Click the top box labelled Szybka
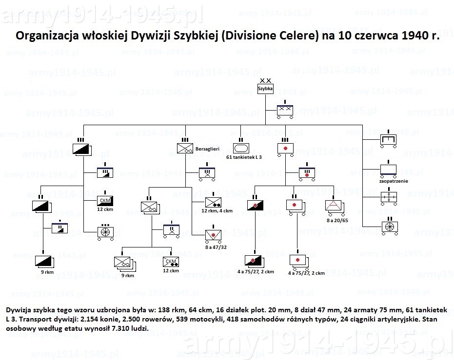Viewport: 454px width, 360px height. tap(265, 89)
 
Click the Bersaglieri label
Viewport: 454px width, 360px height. tap(207, 149)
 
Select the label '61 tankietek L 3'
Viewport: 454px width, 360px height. tap(244, 157)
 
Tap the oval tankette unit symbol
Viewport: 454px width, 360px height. tap(241, 149)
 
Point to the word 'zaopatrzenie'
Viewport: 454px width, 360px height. tap(394, 181)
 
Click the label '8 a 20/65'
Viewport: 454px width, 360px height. tap(337, 220)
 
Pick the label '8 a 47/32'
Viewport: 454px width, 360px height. tap(216, 247)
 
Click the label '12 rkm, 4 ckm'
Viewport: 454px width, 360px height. tap(217, 211)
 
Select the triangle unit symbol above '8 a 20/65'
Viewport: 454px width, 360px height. tap(334, 206)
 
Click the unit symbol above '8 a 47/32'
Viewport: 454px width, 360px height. tap(214, 235)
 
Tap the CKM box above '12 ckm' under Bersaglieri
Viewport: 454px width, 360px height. tap(171, 262)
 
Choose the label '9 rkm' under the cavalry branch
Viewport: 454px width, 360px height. tap(47, 272)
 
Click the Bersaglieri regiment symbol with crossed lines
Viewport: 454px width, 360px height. tap(185, 148)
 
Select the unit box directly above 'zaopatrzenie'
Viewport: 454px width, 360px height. tap(388, 170)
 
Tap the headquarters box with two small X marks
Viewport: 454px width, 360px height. tap(285, 110)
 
